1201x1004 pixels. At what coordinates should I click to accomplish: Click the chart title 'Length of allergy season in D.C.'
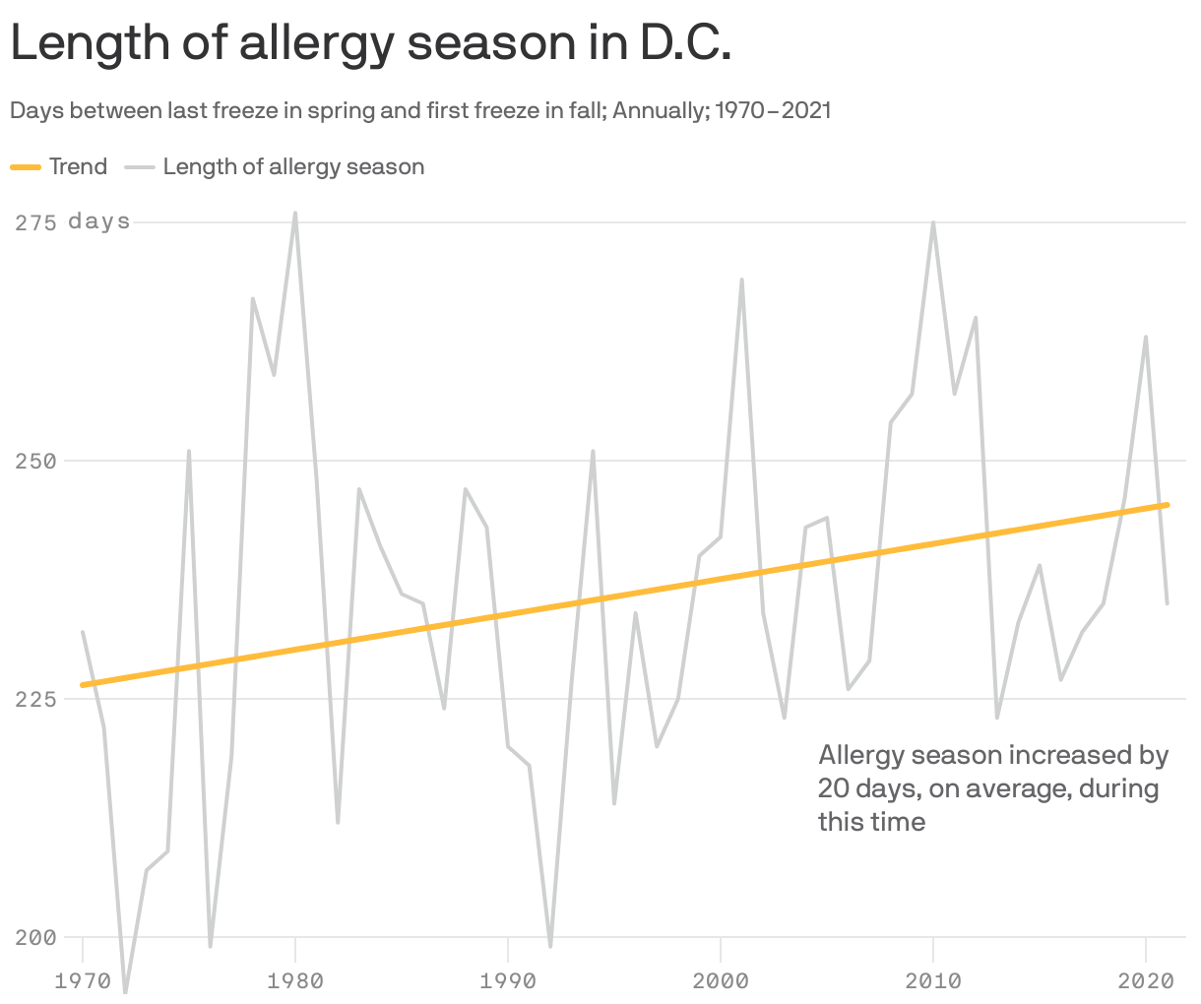pos(370,43)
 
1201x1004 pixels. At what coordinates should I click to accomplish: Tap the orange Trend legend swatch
pos(26,167)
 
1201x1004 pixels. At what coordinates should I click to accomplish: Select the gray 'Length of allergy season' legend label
pos(293,167)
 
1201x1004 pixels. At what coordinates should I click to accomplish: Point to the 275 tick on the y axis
pos(35,222)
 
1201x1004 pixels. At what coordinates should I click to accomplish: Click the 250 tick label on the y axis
pos(35,461)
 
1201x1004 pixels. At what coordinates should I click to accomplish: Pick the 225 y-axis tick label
pos(35,699)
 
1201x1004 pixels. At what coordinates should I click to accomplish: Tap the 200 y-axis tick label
pos(35,937)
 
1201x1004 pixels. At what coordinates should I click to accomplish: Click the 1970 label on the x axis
pos(83,980)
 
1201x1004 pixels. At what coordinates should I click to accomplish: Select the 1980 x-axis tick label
pos(295,980)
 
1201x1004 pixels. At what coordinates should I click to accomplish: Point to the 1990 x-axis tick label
pos(508,980)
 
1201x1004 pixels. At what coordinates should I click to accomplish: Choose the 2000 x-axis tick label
pos(721,980)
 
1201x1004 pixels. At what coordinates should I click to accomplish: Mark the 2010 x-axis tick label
pos(933,980)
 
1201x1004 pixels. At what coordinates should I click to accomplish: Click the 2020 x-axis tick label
pos(1146,980)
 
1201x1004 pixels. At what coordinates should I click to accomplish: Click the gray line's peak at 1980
pos(295,213)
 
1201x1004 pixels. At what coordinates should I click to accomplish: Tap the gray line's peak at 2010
pos(933,222)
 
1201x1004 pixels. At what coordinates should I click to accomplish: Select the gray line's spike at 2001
pos(741,280)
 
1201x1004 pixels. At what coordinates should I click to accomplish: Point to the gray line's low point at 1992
pos(550,946)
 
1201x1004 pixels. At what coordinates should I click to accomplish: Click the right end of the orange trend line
pos(1167,505)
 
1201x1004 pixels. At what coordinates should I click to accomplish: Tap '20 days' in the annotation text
pos(858,788)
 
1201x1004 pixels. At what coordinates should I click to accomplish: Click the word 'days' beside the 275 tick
pos(99,221)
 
